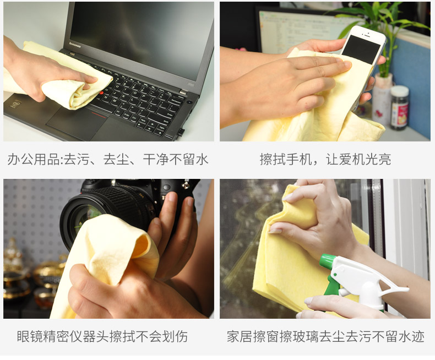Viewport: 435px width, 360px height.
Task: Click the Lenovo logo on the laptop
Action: pyautogui.click(x=75, y=45)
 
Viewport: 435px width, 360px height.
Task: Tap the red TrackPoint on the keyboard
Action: pyautogui.click(x=101, y=92)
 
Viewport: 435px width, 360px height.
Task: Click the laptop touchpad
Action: pyautogui.click(x=74, y=122)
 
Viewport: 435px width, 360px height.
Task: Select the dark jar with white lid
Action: pyautogui.click(x=400, y=108)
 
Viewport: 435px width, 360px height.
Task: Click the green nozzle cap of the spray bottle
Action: pyautogui.click(x=328, y=262)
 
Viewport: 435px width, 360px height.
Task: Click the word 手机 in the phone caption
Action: pyautogui.click(x=299, y=159)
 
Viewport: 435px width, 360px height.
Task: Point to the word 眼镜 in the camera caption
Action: pyautogui.click(x=30, y=336)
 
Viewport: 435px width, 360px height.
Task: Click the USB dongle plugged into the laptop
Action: pyautogui.click(x=180, y=132)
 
